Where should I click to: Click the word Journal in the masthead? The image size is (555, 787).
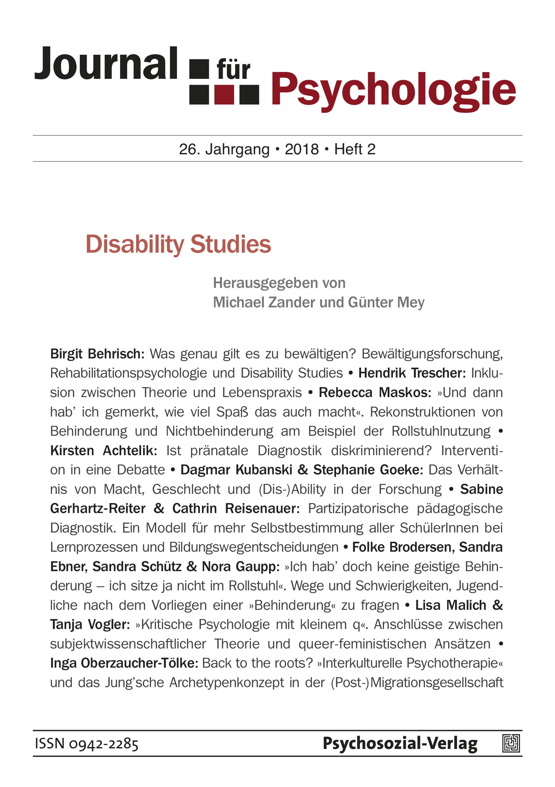coord(106,64)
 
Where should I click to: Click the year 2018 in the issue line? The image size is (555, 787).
coord(302,149)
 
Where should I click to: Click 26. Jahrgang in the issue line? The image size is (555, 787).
coord(224,149)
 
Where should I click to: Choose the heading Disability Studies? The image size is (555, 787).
coord(179,245)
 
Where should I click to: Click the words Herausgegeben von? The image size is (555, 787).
coord(279,283)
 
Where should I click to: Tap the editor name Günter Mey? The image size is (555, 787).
coord(386,302)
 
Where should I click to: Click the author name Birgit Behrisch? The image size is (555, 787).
coord(97,354)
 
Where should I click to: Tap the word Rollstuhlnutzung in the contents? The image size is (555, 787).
coord(441,431)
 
